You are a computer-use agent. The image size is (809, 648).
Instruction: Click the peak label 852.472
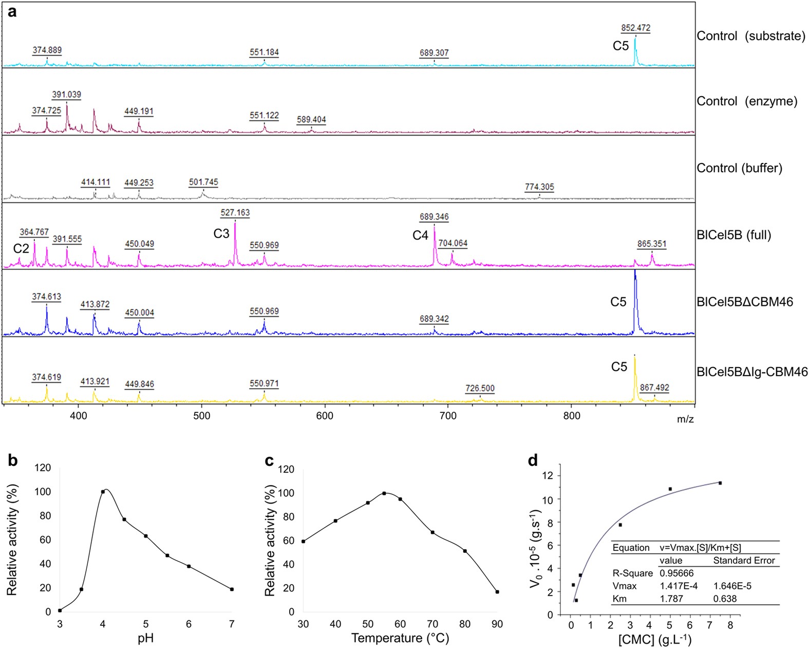pyautogui.click(x=635, y=28)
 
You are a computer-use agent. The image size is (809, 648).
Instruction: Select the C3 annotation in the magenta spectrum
pyautogui.click(x=221, y=233)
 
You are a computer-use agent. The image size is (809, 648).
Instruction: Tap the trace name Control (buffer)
pyautogui.click(x=739, y=168)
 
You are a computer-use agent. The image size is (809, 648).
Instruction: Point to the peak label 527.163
pyautogui.click(x=235, y=212)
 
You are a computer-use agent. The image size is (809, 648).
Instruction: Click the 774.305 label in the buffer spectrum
pyautogui.click(x=539, y=187)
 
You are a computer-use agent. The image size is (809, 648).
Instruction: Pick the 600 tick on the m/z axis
pyautogui.click(x=325, y=416)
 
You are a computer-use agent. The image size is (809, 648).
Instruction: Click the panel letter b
pyautogui.click(x=12, y=460)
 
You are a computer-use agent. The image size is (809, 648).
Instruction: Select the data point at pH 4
pyautogui.click(x=103, y=492)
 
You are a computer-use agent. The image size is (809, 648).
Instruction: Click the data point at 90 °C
pyautogui.click(x=497, y=592)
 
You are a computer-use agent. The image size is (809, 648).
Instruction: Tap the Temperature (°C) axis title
pyautogui.click(x=400, y=638)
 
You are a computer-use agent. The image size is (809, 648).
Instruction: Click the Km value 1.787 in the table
pyautogui.click(x=672, y=599)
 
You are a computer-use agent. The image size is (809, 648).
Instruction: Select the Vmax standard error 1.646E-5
pyautogui.click(x=732, y=586)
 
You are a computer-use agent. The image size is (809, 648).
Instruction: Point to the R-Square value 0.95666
pyautogui.click(x=676, y=573)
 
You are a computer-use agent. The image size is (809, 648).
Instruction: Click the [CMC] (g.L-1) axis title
pyautogui.click(x=654, y=639)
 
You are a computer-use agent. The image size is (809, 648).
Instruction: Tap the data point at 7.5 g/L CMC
pyautogui.click(x=720, y=483)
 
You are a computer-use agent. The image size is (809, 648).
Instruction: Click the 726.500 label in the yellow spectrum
pyautogui.click(x=480, y=388)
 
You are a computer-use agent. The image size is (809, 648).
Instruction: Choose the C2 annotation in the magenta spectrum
pyautogui.click(x=21, y=248)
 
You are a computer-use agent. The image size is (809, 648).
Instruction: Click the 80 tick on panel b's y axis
pyautogui.click(x=45, y=516)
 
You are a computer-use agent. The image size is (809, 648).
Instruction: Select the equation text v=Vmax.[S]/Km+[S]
pyautogui.click(x=700, y=548)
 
